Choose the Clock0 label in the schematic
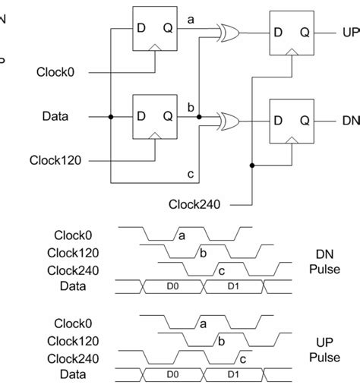click(61, 73)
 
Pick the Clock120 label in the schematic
click(55, 160)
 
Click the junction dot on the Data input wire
click(112, 117)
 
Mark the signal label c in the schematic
click(191, 174)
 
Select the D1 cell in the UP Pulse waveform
click(233, 374)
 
